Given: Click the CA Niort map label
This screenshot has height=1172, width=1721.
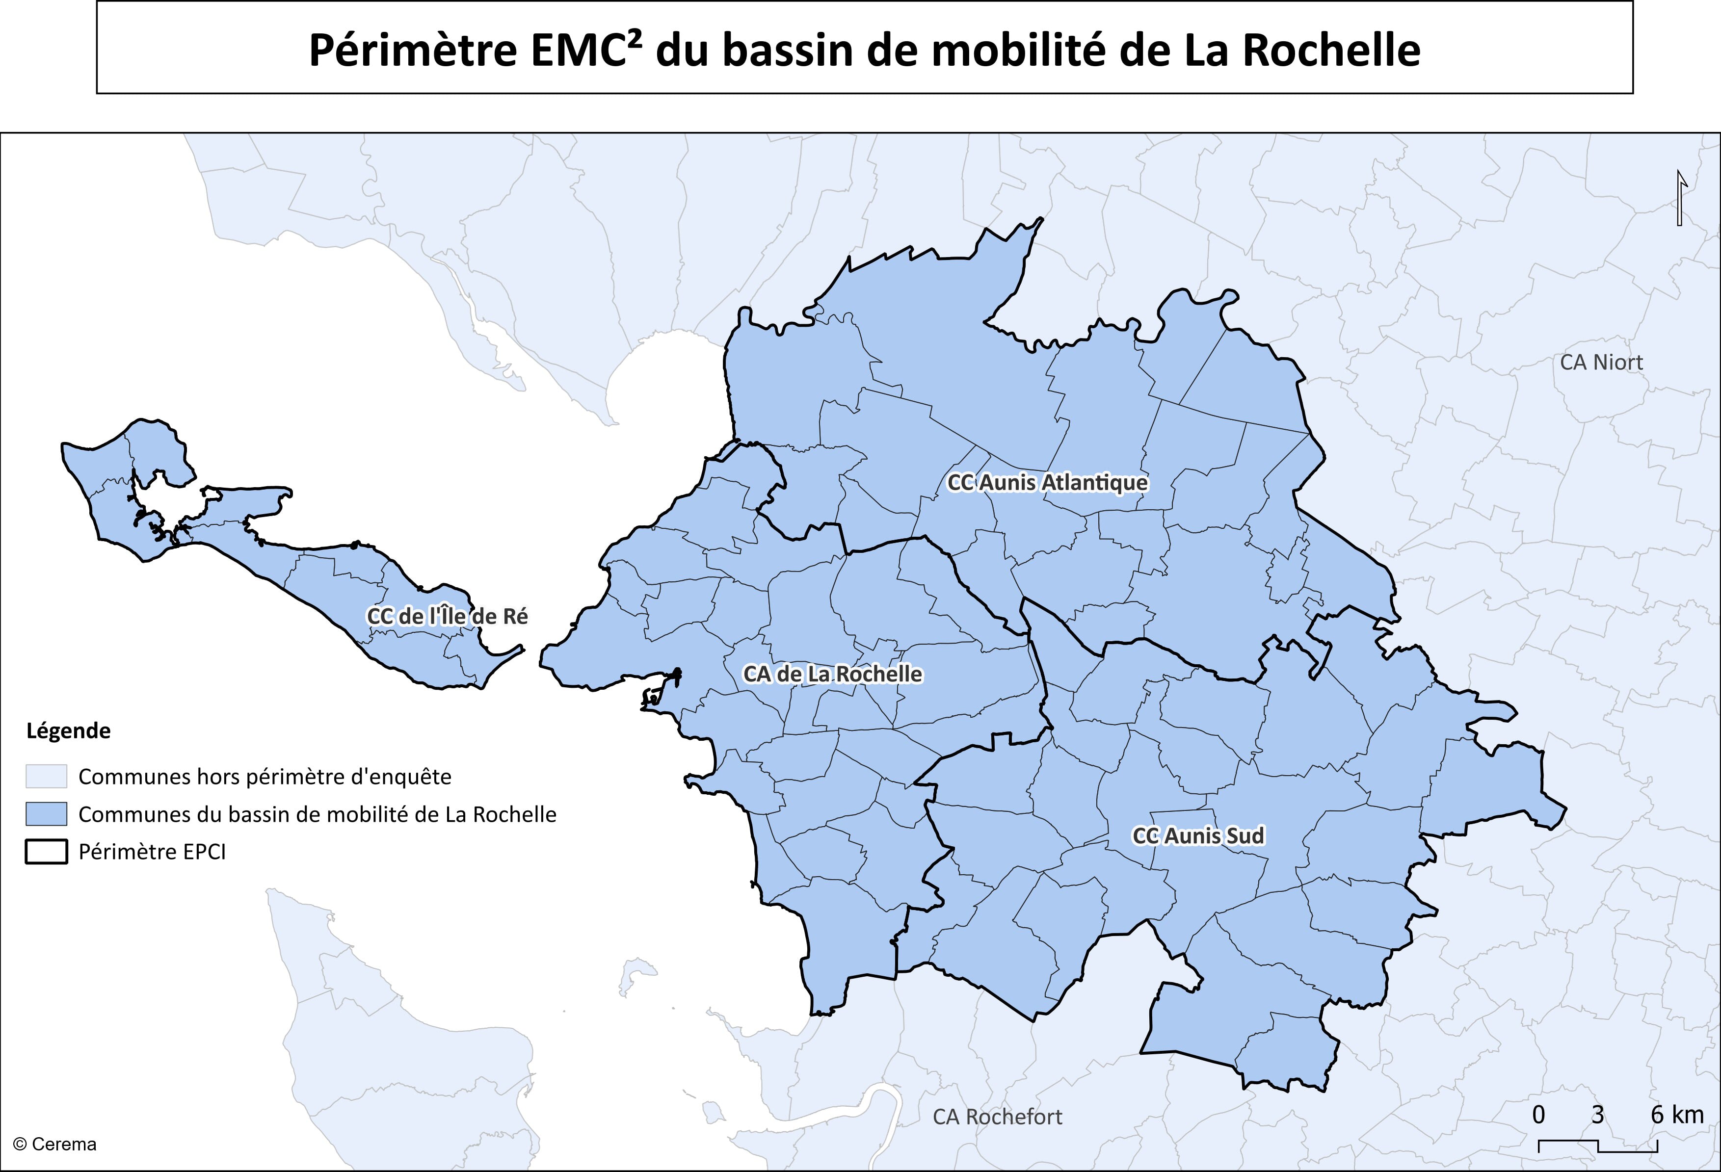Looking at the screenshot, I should coord(1601,363).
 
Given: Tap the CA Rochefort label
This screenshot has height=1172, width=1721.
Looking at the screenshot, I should coord(997,1117).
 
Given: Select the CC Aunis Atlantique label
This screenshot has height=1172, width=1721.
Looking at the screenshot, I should coord(1047,483).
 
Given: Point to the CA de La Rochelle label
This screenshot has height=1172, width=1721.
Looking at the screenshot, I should coord(832,675).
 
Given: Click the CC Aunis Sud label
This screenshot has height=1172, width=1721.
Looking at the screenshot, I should coord(1197,836).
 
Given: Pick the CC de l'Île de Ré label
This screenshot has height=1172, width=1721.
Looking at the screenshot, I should coord(447,617).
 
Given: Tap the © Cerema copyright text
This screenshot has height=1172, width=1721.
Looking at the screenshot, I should coord(55,1145).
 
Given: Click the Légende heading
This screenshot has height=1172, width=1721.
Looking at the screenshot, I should coord(68,731).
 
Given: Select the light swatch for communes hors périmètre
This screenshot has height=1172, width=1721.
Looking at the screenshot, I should coord(46,777).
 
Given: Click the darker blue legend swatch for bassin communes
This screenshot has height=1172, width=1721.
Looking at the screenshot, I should coord(46,814).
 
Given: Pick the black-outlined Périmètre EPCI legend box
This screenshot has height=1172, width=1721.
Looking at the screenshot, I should coord(46,852).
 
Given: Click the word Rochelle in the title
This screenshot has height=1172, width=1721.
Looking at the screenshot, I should coord(1331,51).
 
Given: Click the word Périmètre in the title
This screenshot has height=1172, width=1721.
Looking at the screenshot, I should coord(413,51).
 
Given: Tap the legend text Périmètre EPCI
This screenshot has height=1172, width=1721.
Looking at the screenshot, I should coord(152,852).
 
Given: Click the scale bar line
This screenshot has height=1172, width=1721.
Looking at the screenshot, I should coord(1598,1147).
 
